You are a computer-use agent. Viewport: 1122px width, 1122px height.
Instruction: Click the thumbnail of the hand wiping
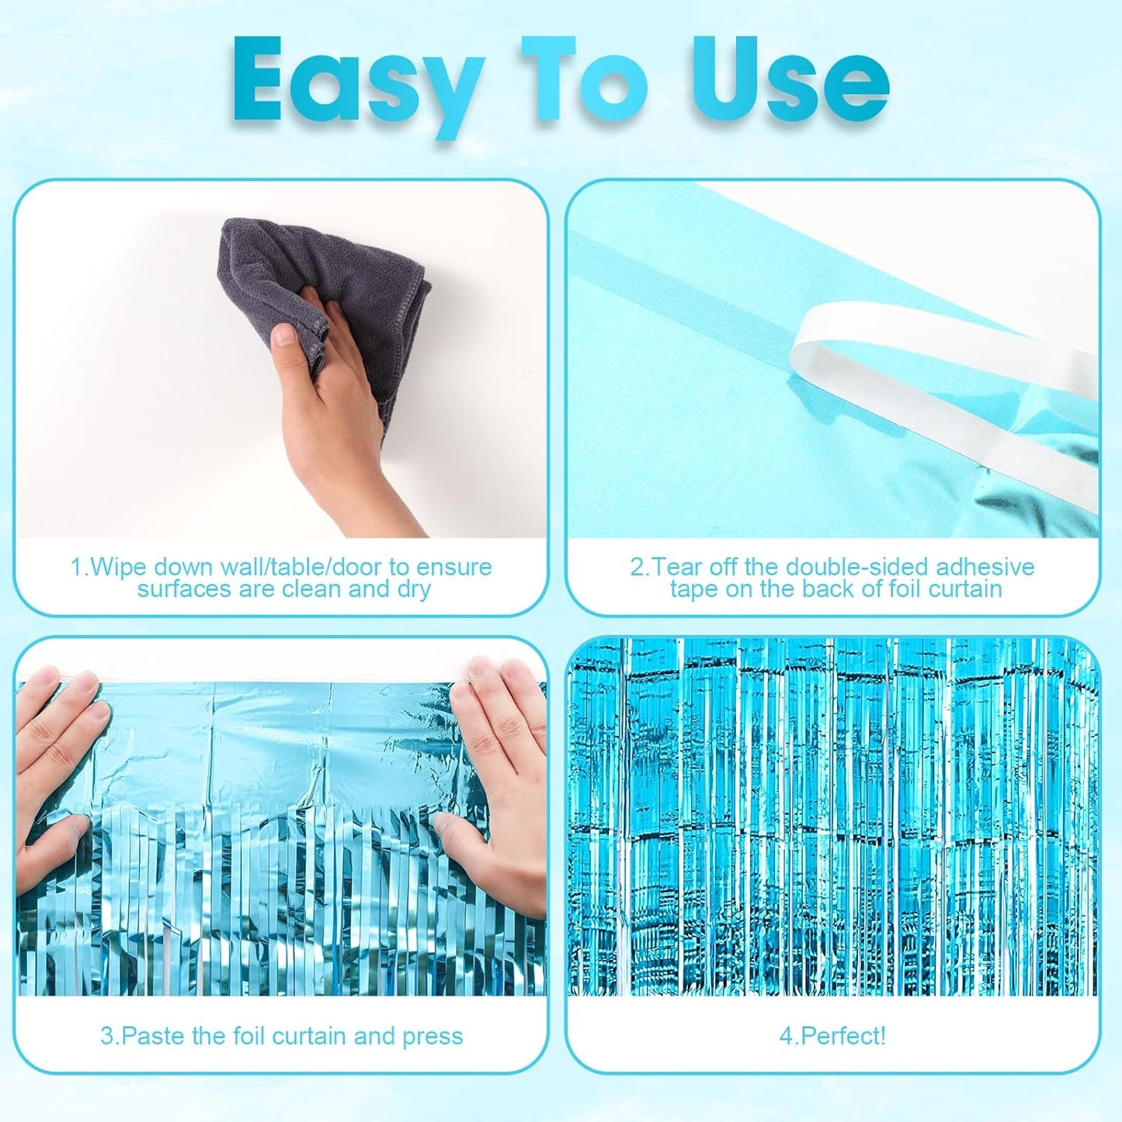(281, 359)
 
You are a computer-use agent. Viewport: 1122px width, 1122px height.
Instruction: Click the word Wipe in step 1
(119, 567)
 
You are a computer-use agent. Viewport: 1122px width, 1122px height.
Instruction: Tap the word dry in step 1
(413, 589)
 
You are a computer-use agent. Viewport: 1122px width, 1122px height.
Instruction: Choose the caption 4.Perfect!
(832, 1036)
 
